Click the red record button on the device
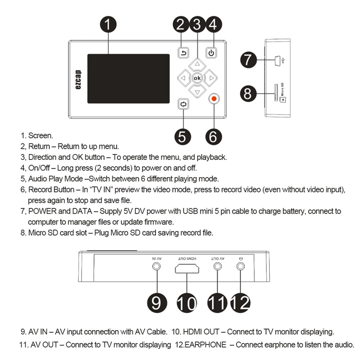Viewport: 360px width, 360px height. click(x=214, y=99)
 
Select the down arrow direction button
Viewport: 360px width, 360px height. click(x=196, y=91)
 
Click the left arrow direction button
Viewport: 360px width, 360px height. click(x=182, y=77)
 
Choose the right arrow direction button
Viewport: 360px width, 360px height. click(x=210, y=77)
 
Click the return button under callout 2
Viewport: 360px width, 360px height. click(x=183, y=53)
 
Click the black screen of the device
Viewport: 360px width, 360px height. click(x=128, y=78)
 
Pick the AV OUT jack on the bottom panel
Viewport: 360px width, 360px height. click(x=217, y=267)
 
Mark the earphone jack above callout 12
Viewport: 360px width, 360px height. click(x=240, y=267)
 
